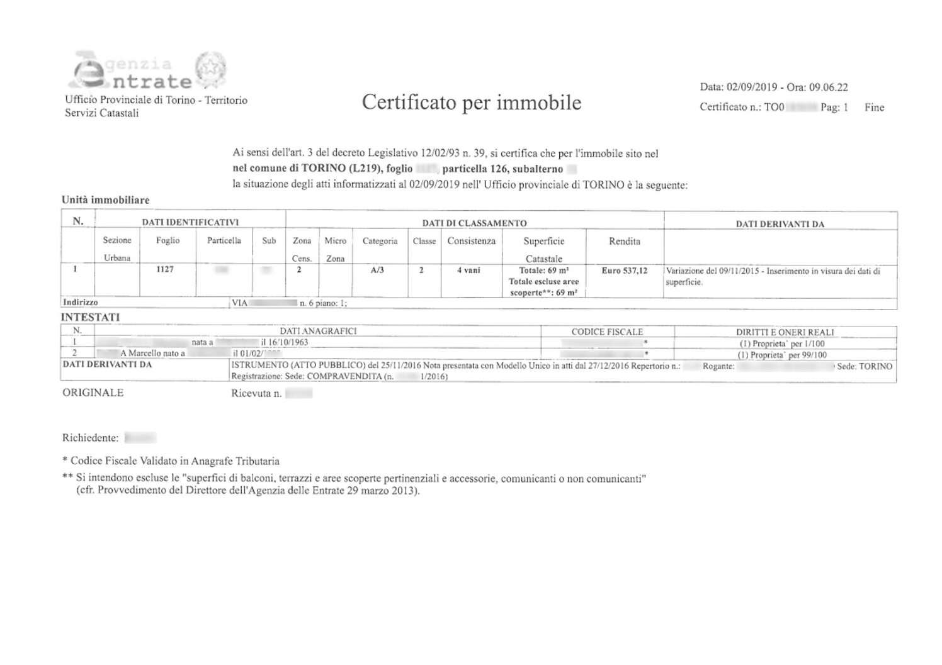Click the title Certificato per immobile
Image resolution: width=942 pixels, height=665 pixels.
tap(471, 102)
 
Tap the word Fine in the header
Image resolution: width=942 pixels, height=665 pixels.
tap(874, 108)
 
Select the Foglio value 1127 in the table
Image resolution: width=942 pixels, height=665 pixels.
tap(166, 269)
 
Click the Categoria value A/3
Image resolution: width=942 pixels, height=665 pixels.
tap(378, 270)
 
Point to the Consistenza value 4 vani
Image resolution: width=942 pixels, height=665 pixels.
tap(468, 270)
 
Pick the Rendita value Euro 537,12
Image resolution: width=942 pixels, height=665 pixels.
tap(624, 271)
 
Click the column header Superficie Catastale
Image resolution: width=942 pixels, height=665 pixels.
tap(543, 249)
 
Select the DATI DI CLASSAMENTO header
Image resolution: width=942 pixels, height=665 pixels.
tap(474, 223)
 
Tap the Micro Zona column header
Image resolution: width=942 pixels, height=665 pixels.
tap(335, 249)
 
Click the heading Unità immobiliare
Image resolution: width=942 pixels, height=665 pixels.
tap(105, 200)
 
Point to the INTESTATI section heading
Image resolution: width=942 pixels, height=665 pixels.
tap(90, 317)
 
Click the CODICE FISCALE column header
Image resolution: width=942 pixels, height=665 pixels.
tap(607, 332)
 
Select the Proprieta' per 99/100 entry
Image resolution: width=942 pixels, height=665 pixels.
tap(781, 355)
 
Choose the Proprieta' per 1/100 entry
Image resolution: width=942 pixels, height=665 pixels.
tap(781, 344)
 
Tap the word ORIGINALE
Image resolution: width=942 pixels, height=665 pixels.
tap(93, 393)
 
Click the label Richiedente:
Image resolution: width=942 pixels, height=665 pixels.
tap(90, 438)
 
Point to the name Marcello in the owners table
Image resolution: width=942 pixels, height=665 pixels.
tap(145, 354)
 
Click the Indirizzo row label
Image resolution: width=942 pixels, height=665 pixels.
tap(81, 303)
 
